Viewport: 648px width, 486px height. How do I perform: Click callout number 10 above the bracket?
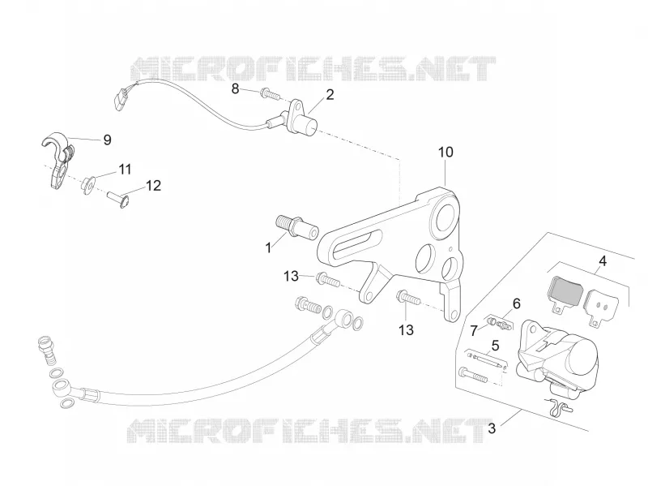[x=446, y=153]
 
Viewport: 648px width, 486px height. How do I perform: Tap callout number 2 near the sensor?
[x=330, y=95]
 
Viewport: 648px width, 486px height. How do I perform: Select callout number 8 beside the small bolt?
[x=235, y=88]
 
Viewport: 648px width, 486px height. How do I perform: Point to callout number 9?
[x=107, y=140]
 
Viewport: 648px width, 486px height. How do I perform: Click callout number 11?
[x=125, y=170]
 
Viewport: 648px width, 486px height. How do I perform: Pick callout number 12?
[x=153, y=186]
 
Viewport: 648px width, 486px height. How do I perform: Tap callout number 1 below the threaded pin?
[x=269, y=248]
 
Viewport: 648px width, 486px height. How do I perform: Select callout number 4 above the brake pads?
[x=603, y=261]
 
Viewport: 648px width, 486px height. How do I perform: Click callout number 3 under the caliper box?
[x=492, y=428]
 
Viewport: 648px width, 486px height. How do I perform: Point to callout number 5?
[x=495, y=346]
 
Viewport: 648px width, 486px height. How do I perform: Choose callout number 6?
[x=517, y=304]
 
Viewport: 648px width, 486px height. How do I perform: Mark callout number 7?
[x=474, y=330]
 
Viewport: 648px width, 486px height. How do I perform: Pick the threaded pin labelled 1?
[x=296, y=227]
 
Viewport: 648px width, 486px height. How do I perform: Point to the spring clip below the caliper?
[x=558, y=407]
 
